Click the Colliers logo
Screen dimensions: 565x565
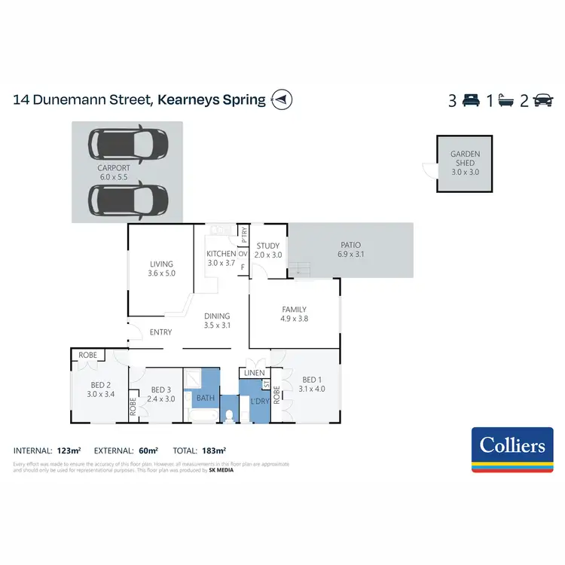pyautogui.click(x=508, y=449)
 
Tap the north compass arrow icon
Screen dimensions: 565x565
pyautogui.click(x=282, y=99)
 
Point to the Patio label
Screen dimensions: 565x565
pyautogui.click(x=350, y=245)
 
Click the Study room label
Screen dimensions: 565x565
pyautogui.click(x=268, y=246)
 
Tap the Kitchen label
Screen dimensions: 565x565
pyautogui.click(x=221, y=254)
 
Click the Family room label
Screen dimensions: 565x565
pyautogui.click(x=294, y=309)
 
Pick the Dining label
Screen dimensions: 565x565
pyautogui.click(x=216, y=316)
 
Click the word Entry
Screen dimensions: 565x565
pyautogui.click(x=161, y=332)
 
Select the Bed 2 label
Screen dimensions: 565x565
pyautogui.click(x=100, y=384)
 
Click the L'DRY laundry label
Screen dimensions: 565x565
pyautogui.click(x=259, y=402)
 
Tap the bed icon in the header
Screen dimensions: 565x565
pyautogui.click(x=472, y=99)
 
